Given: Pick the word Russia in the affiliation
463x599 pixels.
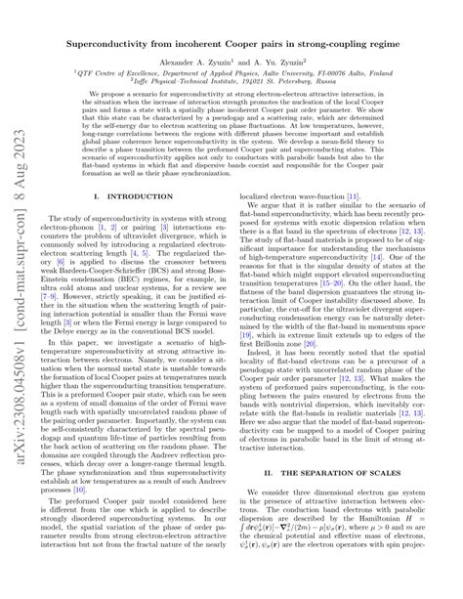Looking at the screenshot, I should [x=338, y=81].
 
